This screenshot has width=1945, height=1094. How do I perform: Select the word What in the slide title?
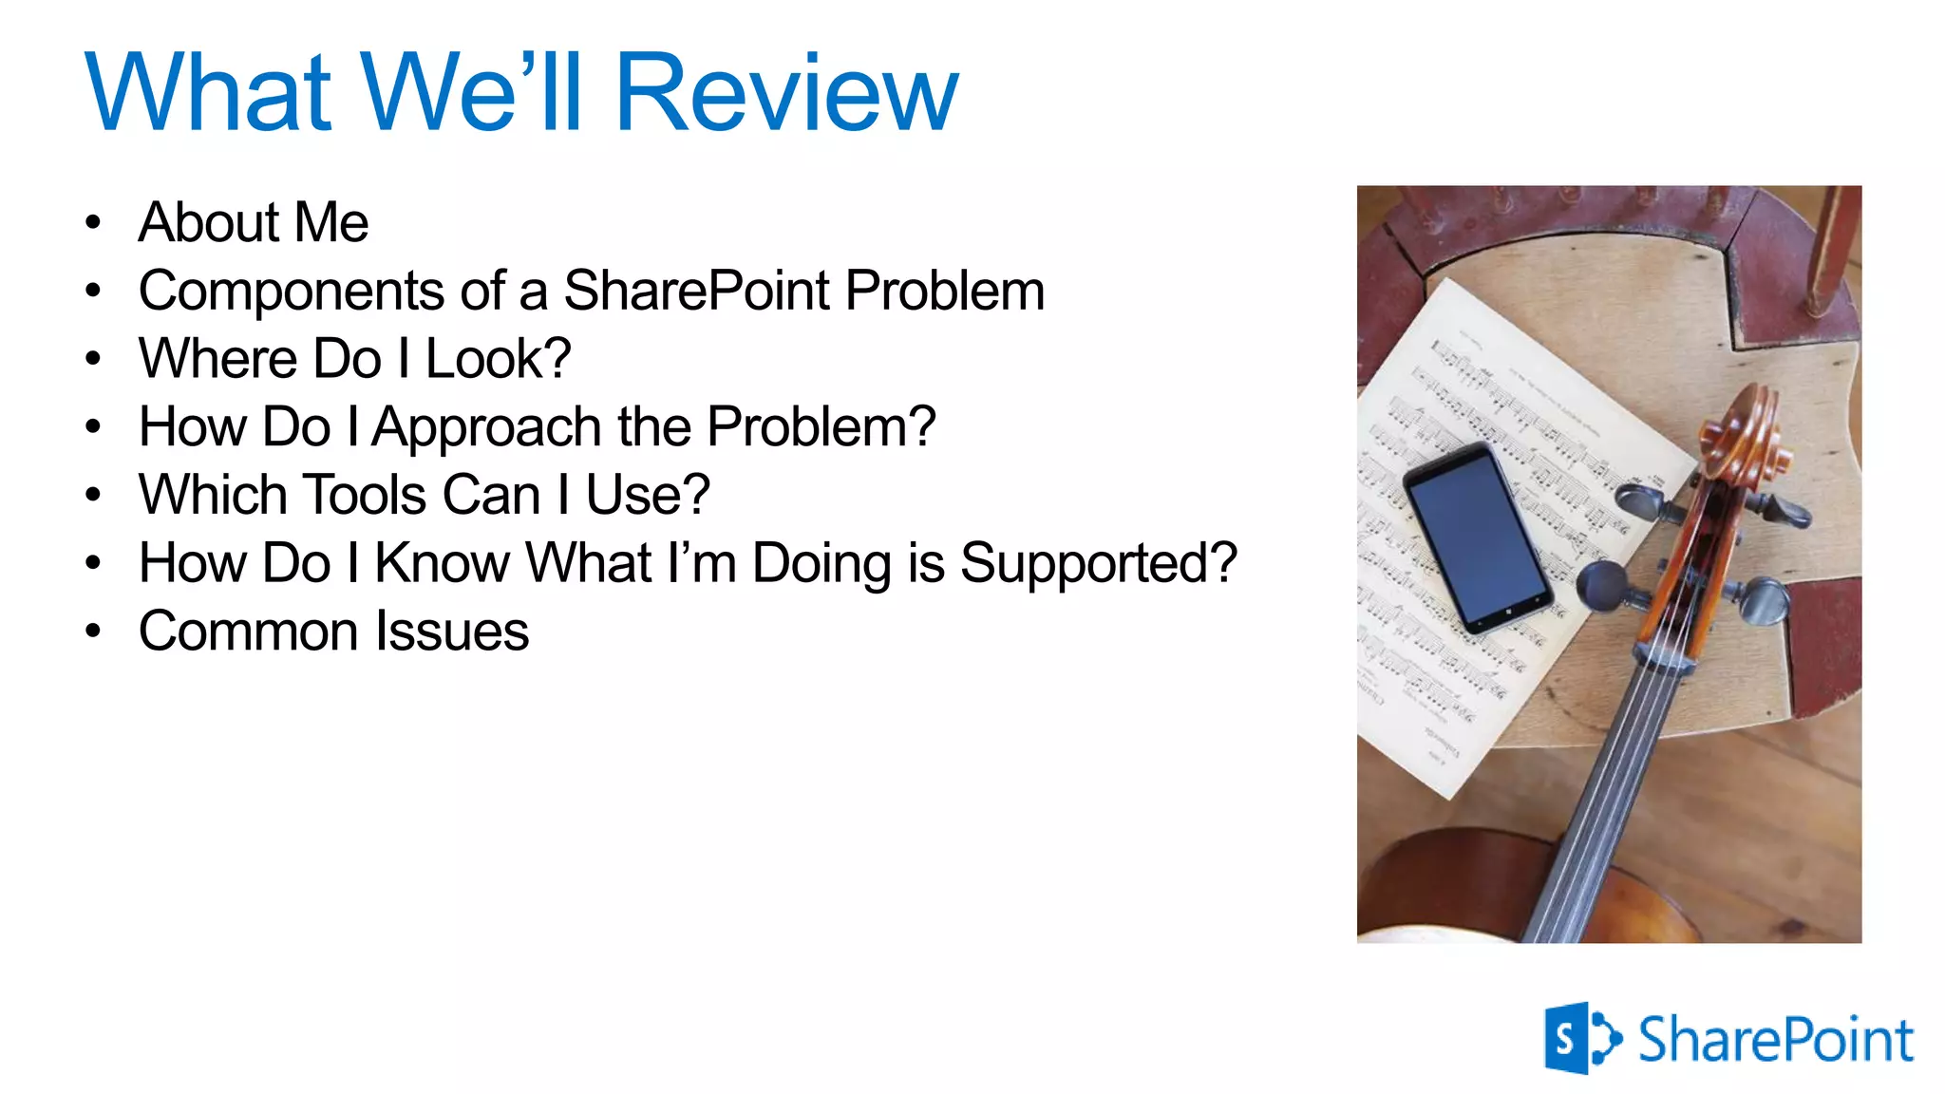pos(209,92)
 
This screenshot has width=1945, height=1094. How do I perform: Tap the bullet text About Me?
pos(254,222)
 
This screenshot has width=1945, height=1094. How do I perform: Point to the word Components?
pos(291,291)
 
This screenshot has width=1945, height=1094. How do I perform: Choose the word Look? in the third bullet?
pos(498,359)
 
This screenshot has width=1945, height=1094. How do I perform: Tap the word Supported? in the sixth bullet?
pos(1099,564)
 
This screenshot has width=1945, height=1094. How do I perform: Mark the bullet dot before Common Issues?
pos(92,631)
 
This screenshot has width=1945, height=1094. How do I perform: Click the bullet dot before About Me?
pos(92,223)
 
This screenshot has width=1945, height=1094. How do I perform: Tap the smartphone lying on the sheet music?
pos(1477,537)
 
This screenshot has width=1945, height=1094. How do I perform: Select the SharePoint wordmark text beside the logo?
pos(1775,1039)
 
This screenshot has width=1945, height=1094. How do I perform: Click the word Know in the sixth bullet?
pos(443,563)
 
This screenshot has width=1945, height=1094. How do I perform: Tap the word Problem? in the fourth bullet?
pos(821,427)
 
